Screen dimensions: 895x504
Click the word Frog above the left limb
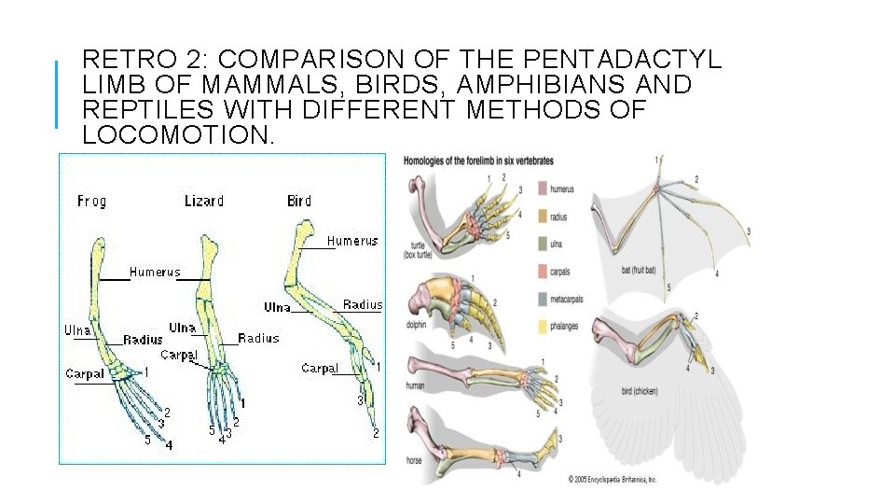(91, 201)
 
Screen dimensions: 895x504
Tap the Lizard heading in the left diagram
(204, 201)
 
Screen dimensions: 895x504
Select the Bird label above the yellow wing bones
(299, 201)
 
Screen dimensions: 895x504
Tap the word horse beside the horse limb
(414, 460)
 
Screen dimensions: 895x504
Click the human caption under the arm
(416, 385)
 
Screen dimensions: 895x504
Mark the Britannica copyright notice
(613, 479)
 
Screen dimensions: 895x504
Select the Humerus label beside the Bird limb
(352, 241)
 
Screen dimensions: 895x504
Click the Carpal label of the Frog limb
(85, 374)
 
